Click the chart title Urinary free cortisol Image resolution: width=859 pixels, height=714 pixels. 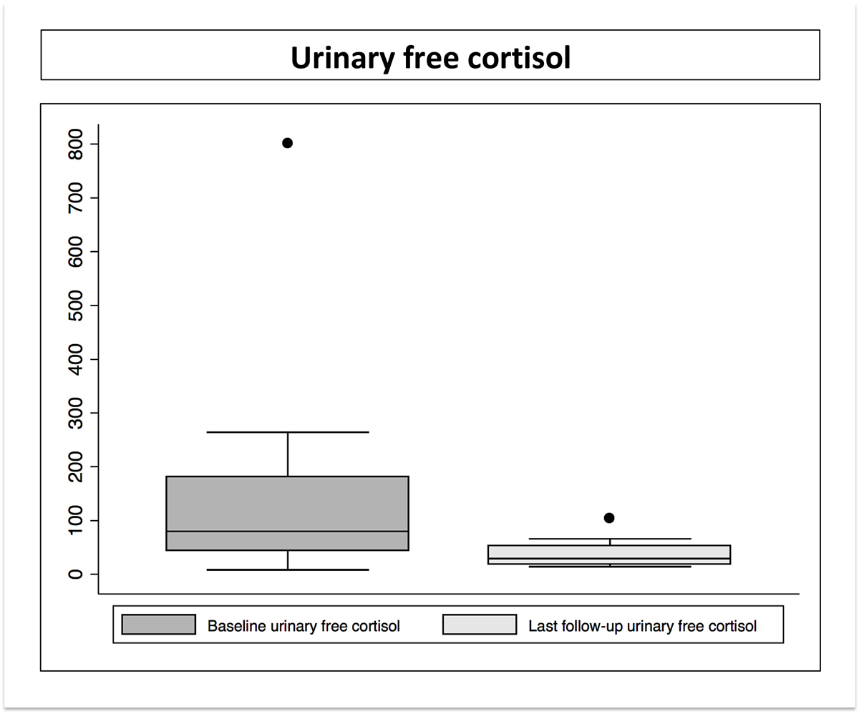[x=430, y=58]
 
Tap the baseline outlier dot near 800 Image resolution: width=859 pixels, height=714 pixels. [x=287, y=143]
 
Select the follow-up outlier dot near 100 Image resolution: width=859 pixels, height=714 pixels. [x=609, y=518]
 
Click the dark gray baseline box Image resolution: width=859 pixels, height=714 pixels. [x=287, y=513]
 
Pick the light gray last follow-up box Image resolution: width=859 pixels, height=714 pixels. [x=609, y=554]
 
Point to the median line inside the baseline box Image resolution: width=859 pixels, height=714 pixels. [x=287, y=532]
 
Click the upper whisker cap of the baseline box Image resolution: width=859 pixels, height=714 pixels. [x=288, y=432]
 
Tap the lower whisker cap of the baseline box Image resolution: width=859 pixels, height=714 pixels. [x=288, y=569]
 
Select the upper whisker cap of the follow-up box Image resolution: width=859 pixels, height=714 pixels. [x=610, y=539]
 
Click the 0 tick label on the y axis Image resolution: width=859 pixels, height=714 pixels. [x=75, y=574]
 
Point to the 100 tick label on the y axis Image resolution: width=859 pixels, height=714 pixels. [x=75, y=520]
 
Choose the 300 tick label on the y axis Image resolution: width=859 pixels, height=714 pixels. [x=75, y=413]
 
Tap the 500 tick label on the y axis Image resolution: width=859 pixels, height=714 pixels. [x=75, y=305]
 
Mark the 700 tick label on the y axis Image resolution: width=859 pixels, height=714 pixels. [x=75, y=198]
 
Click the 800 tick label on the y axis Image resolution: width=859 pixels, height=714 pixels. [x=75, y=144]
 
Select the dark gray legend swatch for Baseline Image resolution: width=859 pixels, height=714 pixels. [x=158, y=625]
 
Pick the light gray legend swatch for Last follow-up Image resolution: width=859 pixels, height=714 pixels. [x=480, y=625]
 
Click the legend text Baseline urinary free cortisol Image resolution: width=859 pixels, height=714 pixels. [x=304, y=626]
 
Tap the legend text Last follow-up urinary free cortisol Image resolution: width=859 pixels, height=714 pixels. [x=643, y=626]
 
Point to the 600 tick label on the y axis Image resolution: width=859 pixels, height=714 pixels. [x=75, y=252]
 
